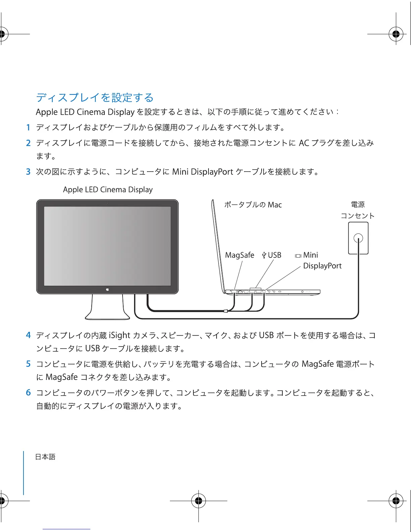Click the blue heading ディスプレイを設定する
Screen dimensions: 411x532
(95, 98)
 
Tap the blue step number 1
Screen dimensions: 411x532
(28, 128)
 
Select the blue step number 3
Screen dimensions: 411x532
(28, 172)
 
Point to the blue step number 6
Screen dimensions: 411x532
(28, 393)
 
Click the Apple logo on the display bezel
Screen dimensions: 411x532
(107, 289)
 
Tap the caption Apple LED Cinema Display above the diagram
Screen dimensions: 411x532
(108, 190)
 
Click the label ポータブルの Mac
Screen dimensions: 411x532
(253, 205)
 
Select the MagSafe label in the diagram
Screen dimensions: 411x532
(239, 255)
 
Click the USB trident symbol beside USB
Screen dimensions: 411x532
(264, 256)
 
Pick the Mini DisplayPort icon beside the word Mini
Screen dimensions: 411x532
(298, 256)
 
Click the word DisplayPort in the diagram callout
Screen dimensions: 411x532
(322, 266)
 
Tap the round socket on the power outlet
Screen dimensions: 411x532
(358, 238)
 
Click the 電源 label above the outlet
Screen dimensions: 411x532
(358, 205)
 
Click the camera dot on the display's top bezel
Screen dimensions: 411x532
(107, 203)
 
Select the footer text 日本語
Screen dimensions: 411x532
(45, 457)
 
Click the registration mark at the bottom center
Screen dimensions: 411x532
(198, 501)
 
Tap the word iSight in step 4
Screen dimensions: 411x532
(120, 335)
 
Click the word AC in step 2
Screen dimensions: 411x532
(304, 143)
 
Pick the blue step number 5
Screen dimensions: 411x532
(28, 364)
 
